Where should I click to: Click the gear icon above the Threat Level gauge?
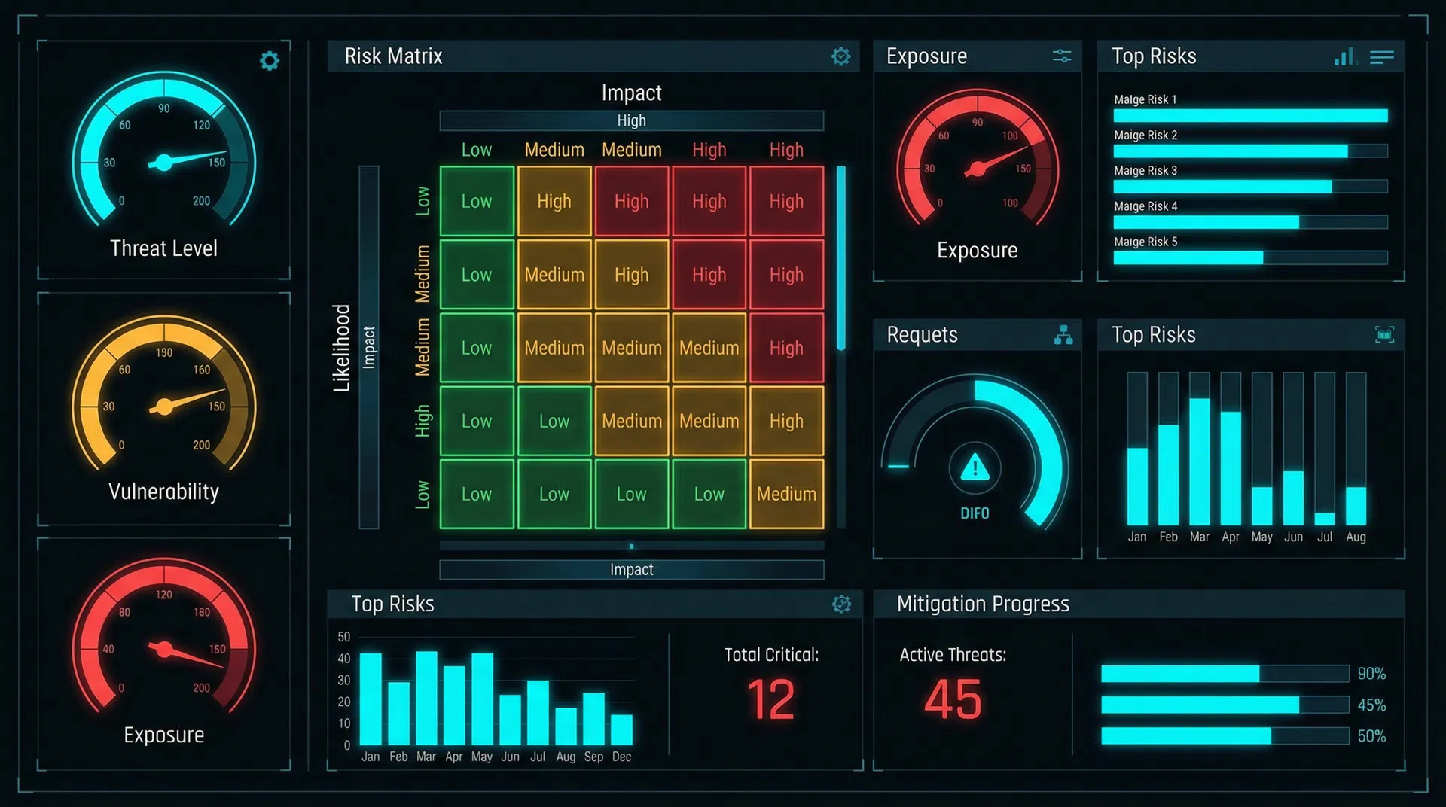(269, 61)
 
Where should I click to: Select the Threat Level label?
(163, 248)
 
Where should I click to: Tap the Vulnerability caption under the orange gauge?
(163, 492)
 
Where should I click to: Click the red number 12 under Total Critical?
(771, 699)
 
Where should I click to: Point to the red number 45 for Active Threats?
(953, 699)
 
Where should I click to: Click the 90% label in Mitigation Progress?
(1371, 674)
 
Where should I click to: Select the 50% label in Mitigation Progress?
(1371, 736)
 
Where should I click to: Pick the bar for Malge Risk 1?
(1250, 115)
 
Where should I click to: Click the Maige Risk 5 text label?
(1146, 242)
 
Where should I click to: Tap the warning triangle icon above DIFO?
(975, 468)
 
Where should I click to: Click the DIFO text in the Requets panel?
(975, 513)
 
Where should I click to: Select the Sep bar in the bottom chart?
(593, 719)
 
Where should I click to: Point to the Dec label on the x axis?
(621, 757)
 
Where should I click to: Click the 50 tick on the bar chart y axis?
(344, 637)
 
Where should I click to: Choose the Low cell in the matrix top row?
(477, 202)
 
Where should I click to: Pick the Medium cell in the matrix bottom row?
(786, 494)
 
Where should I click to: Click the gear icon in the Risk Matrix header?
(840, 56)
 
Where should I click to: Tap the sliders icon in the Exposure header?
(1062, 56)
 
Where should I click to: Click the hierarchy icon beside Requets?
(1063, 335)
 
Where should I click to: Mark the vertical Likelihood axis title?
(342, 348)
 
